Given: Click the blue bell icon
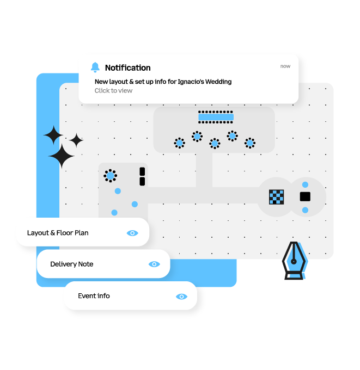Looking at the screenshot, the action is pos(95,67).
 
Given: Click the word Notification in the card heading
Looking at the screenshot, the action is pos(127,68).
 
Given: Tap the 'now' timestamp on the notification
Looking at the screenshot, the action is pos(285,66).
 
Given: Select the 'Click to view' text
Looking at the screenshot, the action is pos(113,91).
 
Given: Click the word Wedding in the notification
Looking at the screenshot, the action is pos(218,82).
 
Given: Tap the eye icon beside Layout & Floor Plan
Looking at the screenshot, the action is pos(132,233).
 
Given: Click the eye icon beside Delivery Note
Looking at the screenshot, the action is pos(154,264).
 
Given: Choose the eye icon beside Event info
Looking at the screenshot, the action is pos(181,297).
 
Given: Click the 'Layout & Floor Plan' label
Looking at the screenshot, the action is pos(58,233).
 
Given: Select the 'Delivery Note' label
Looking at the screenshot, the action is pos(71,264).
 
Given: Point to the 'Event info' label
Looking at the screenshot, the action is pos(94,296).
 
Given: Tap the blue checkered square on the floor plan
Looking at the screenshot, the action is pos(277,197).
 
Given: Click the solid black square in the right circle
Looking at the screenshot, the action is pos(305,196).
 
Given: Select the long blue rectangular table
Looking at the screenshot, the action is pos(216,117).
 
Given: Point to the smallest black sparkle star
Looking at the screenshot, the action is pos(76,141).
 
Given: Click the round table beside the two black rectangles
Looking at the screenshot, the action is pos(111,176).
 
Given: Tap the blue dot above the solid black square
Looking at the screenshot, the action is pos(305,185).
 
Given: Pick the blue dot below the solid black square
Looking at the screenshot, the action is pos(305,210).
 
